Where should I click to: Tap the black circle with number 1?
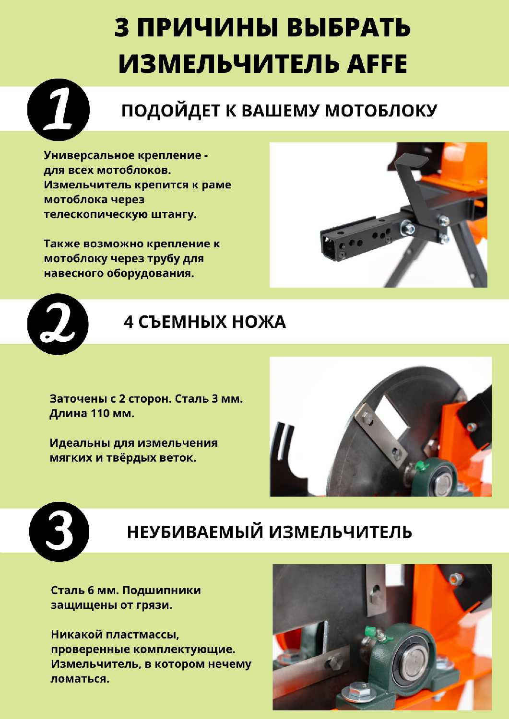tap(59, 110)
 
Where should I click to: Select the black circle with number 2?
tap(58, 324)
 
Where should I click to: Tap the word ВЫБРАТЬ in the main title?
tap(348, 27)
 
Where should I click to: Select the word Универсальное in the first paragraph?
tap(89, 155)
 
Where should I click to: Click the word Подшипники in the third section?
tap(162, 590)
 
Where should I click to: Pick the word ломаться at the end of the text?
tap(80, 679)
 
